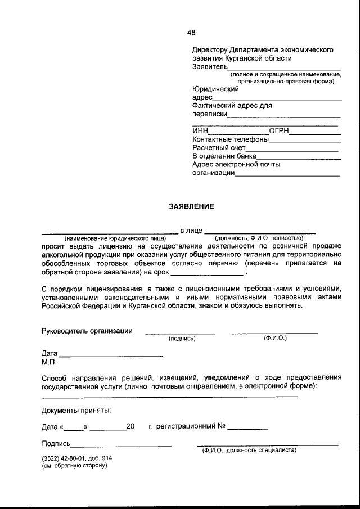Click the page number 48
pos(191,33)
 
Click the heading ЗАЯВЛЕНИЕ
pos(191,207)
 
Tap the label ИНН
pos(200,131)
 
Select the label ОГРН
pos(279,131)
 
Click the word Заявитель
pos(209,67)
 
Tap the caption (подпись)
pos(182,339)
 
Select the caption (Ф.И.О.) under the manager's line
pos(275,339)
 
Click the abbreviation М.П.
pos(49,362)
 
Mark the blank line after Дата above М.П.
pos(111,356)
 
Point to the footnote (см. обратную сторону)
pos(74,466)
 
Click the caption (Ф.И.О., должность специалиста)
pos(249,450)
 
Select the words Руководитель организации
pos(87,331)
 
